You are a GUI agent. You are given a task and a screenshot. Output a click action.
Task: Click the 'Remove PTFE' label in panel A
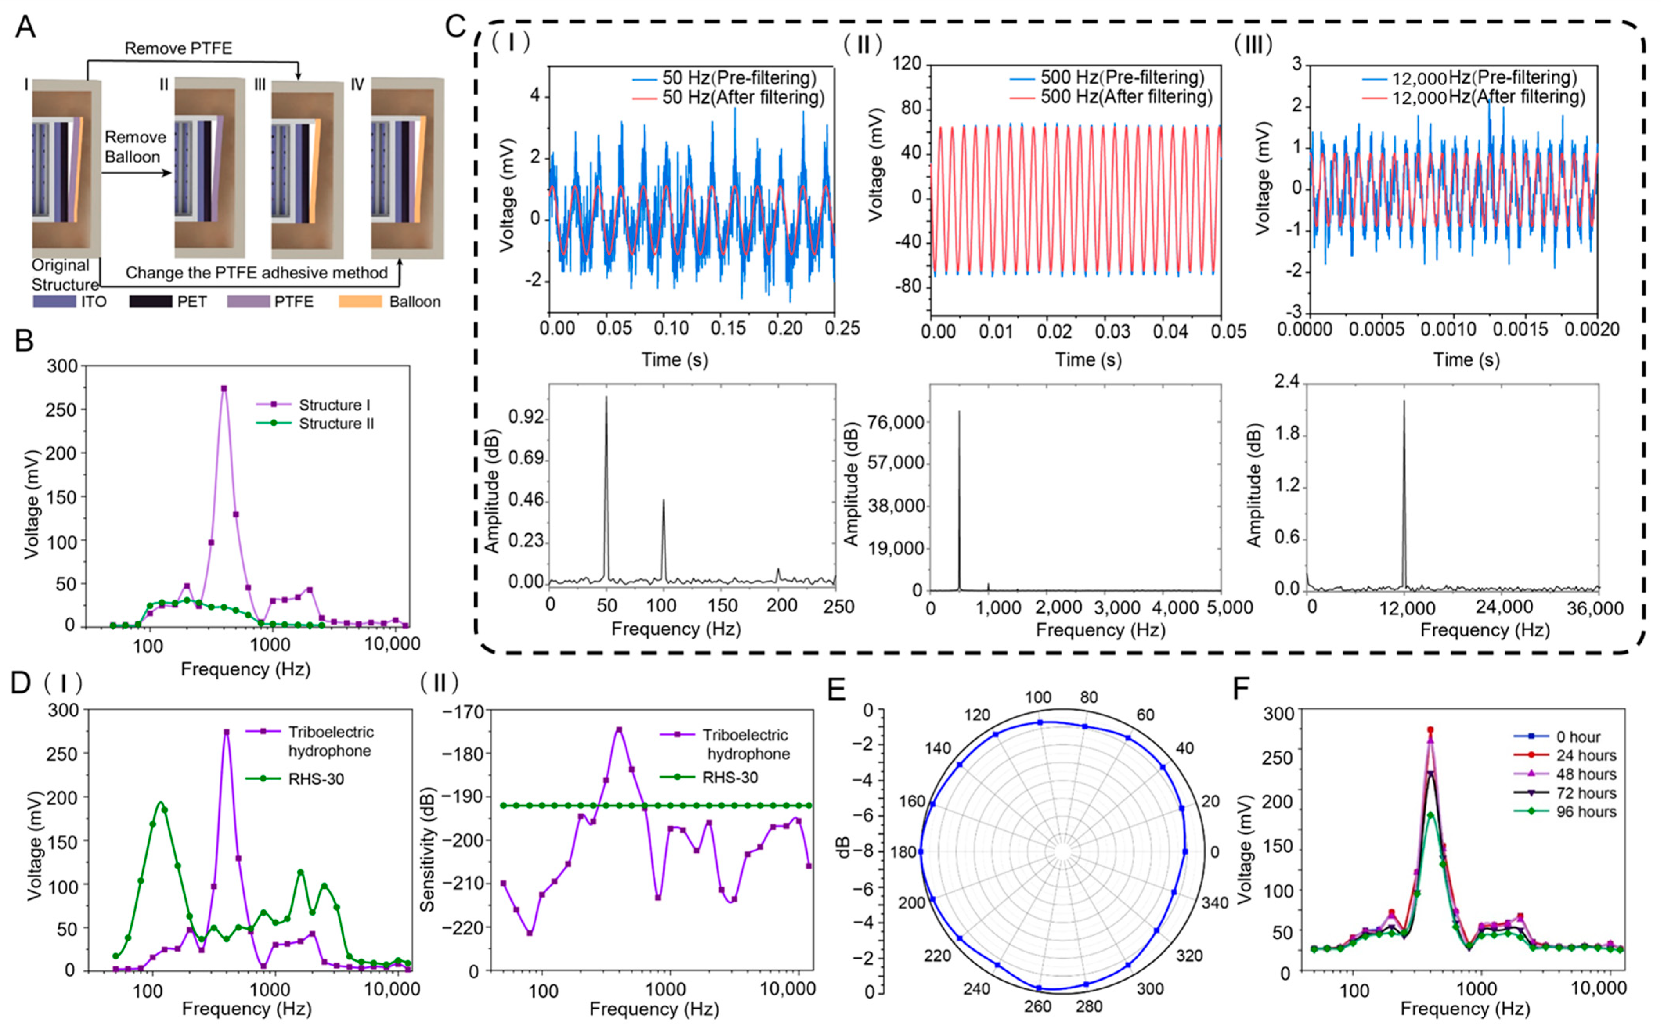178,48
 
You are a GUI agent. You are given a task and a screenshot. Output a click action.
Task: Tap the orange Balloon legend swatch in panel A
360,302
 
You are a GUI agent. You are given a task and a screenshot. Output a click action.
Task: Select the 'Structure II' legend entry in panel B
336,424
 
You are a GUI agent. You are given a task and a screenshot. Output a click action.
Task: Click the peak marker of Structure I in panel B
224,388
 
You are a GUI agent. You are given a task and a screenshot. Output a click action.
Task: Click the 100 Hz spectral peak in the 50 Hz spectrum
663,501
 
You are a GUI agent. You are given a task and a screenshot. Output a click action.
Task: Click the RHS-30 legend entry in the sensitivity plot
730,777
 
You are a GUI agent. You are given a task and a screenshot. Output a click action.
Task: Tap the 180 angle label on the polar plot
903,852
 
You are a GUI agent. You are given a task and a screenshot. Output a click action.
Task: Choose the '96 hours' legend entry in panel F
1586,812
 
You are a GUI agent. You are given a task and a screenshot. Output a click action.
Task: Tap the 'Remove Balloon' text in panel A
135,147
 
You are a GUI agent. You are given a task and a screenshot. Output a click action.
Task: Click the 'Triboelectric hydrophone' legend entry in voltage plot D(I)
330,741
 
